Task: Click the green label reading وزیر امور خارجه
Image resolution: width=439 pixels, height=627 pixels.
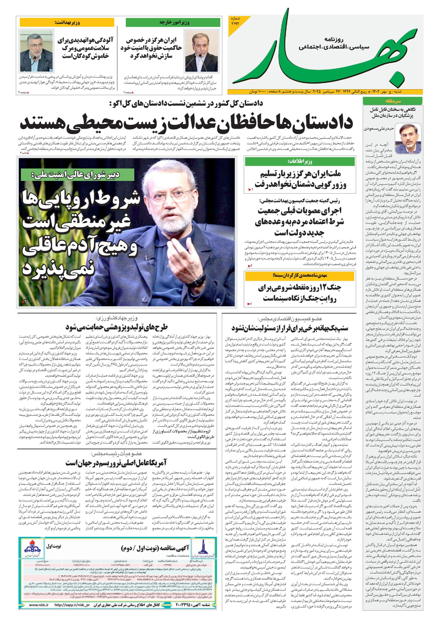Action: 173,22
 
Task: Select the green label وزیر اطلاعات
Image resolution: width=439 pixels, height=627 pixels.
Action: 300,162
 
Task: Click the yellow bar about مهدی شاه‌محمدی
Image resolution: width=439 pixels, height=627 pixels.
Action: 300,276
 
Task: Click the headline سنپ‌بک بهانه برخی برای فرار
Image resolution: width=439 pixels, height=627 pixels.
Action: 290,327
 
